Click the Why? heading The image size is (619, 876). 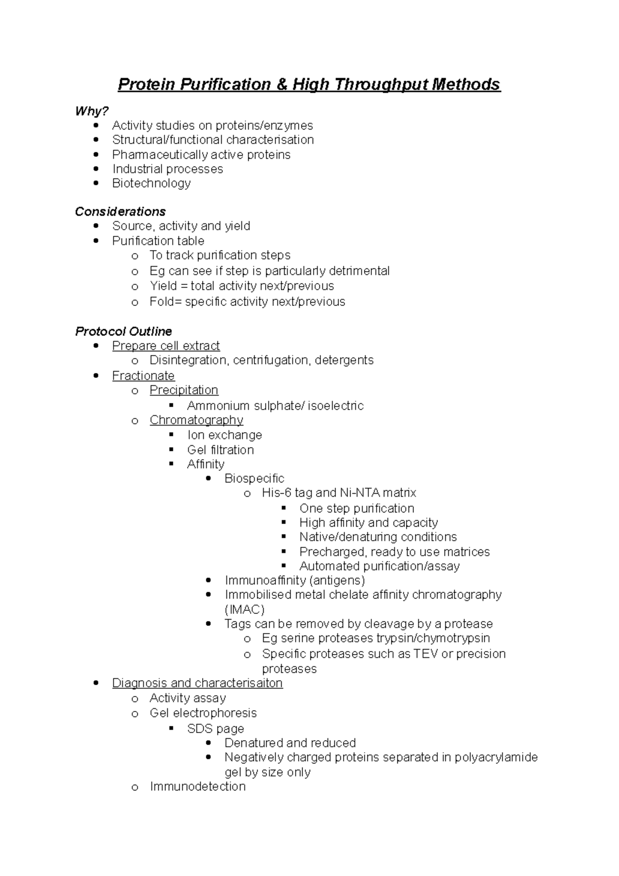click(92, 111)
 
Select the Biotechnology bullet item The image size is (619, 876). click(151, 183)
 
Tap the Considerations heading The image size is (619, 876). click(120, 212)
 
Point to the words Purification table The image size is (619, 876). click(158, 241)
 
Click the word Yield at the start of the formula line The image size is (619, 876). click(164, 286)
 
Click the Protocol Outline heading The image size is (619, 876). click(123, 331)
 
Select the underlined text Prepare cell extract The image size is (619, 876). click(166, 346)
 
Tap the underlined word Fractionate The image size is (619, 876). click(143, 376)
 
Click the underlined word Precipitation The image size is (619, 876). click(184, 390)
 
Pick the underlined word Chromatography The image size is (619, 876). click(196, 420)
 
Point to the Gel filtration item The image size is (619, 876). click(220, 450)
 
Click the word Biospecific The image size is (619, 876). click(254, 478)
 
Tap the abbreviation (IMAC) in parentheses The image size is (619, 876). click(245, 609)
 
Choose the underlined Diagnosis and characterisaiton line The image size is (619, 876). click(197, 683)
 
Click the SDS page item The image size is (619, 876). click(215, 728)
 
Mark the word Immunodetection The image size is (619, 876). click(198, 786)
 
